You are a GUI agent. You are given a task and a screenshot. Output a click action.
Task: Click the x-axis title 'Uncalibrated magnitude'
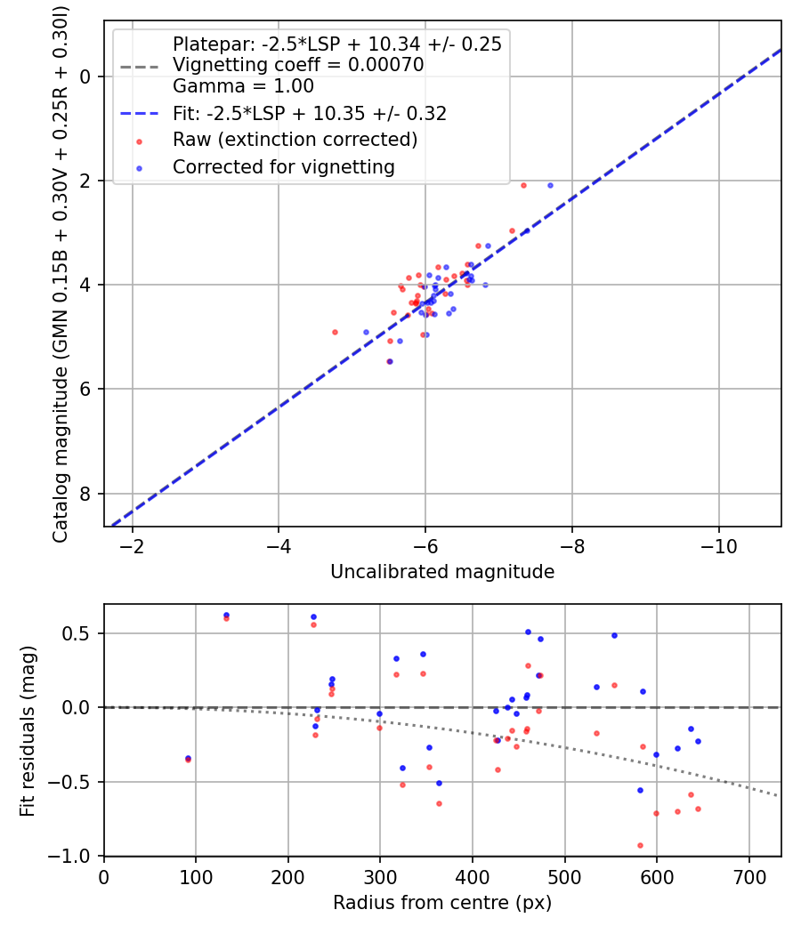pos(442,572)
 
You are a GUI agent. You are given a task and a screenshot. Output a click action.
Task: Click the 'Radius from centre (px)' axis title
pos(442,903)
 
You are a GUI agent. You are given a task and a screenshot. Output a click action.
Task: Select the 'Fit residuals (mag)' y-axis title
pos(28,730)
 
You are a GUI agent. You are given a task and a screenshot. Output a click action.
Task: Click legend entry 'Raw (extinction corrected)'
pos(295,140)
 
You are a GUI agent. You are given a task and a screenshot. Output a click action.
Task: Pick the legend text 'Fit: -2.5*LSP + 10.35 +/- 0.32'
pos(310,114)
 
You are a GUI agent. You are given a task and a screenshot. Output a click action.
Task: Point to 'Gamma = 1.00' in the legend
pos(243,87)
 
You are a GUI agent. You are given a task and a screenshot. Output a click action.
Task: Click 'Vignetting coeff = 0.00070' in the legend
pos(298,65)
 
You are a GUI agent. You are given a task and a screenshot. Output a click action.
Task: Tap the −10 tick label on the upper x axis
pos(718,546)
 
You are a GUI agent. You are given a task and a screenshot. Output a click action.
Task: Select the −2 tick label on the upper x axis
pos(133,546)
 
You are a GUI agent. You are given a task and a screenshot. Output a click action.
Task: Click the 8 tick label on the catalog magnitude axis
pos(85,494)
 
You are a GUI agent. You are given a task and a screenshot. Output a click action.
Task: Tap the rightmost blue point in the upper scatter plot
pos(550,185)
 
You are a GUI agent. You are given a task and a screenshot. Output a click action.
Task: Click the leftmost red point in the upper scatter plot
pos(335,332)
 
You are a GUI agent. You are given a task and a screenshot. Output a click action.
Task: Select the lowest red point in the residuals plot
pos(640,845)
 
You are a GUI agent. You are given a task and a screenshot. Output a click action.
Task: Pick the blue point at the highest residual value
pos(226,615)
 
